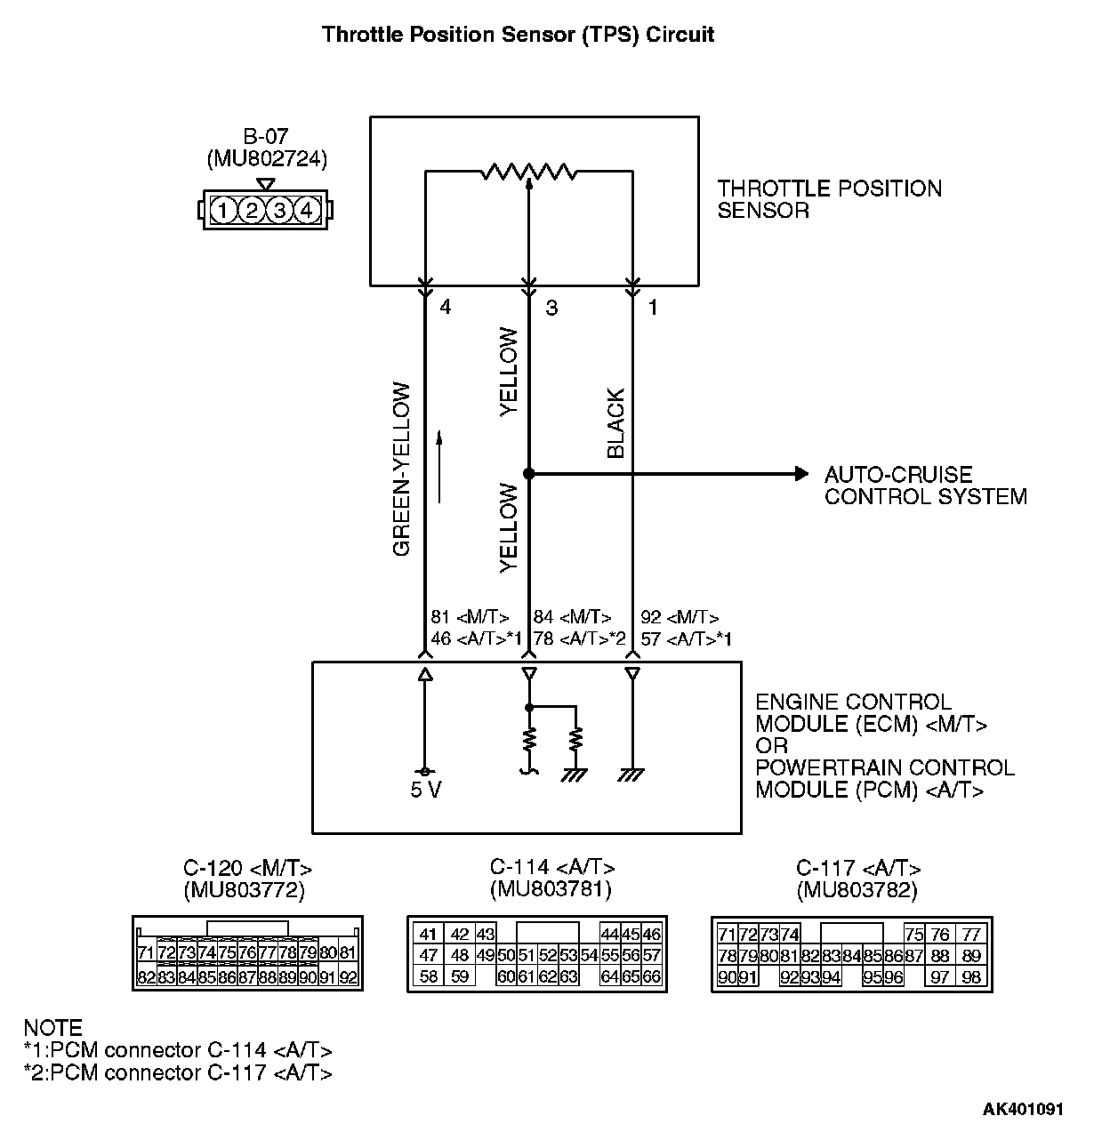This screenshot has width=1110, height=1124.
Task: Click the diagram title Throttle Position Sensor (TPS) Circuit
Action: pos(518,35)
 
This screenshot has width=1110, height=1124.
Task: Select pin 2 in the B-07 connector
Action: pos(252,211)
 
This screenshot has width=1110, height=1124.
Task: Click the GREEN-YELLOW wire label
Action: pos(402,469)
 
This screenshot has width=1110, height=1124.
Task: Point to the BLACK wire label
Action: pos(615,423)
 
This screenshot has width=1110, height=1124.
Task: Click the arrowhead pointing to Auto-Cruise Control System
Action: pos(801,474)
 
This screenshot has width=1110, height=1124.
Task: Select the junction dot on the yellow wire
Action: pos(529,474)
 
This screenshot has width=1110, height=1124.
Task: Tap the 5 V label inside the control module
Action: pos(426,791)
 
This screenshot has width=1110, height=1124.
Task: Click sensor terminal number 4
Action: pos(446,308)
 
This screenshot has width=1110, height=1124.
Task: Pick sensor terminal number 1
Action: pos(653,308)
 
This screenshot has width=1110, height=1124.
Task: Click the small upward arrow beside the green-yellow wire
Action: pos(438,467)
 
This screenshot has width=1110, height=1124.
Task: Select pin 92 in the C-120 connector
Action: pos(348,977)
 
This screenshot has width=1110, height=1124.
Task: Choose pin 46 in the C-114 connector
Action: pos(652,934)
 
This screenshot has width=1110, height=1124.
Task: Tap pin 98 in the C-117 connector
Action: pos(971,977)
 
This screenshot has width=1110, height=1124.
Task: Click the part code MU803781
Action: pos(551,888)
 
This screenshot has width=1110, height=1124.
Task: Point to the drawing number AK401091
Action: pos(1022,1109)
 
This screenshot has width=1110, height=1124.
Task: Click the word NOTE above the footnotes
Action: pos(52,1028)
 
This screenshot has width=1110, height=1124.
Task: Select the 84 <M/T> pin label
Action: pos(572,617)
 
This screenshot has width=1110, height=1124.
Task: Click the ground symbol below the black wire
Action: pos(632,775)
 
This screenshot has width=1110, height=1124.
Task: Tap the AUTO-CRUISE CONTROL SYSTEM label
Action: pos(925,486)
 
